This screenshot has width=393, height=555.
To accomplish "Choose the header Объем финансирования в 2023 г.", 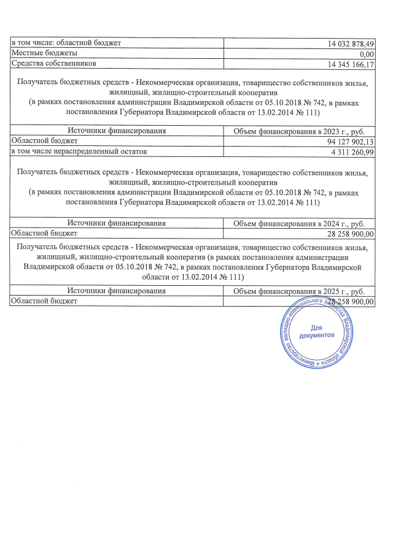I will [x=300, y=131].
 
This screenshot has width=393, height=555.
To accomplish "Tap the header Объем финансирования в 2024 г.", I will [x=300, y=223].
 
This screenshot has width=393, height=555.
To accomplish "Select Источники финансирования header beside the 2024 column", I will [x=117, y=223].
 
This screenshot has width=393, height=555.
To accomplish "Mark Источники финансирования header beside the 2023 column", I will [x=117, y=131].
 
